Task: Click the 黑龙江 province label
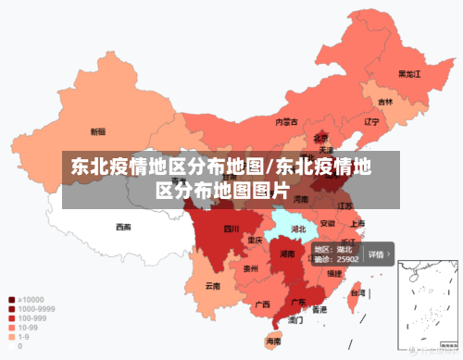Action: pos(409,73)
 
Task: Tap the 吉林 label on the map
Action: pos(384,102)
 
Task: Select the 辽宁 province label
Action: pos(371,121)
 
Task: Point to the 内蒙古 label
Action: pos(286,121)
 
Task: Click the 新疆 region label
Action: pos(98,131)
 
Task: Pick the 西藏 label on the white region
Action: pos(123,226)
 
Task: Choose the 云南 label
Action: pos(213,286)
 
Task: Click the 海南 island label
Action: pos(274,341)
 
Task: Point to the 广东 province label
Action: pos(298,302)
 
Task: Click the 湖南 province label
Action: pos(286,253)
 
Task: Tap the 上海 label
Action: pos(357,223)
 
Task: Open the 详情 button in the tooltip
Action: pos(378,254)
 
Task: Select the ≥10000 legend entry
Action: pos(28,300)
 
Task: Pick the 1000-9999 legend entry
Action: pos(33,309)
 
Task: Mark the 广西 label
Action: pos(262,304)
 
